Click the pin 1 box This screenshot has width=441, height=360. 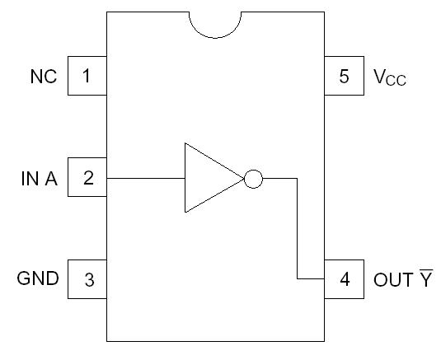(x=87, y=77)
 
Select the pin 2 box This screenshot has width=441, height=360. (x=87, y=178)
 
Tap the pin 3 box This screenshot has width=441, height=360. (x=87, y=278)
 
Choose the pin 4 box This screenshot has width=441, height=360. (x=345, y=278)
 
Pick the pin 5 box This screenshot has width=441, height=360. (x=345, y=77)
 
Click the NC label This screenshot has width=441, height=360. (x=44, y=77)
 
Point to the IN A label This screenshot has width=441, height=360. (x=40, y=179)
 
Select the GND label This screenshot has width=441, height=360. (x=38, y=278)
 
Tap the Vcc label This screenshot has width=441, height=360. (x=390, y=77)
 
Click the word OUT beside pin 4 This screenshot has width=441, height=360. (x=391, y=278)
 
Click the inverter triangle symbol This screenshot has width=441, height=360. (x=209, y=178)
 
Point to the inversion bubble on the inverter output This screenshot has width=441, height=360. (x=254, y=178)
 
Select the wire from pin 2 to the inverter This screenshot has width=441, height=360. (x=146, y=178)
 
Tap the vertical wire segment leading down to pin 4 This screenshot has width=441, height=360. (x=296, y=231)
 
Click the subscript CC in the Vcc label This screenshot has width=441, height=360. (x=399, y=82)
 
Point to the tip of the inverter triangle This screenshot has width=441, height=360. (x=244, y=178)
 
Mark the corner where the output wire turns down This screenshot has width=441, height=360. (x=296, y=178)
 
